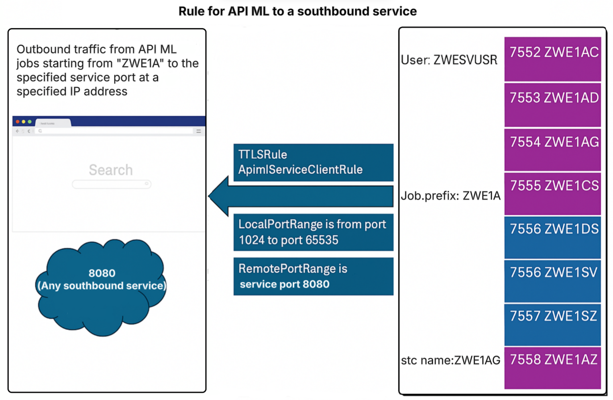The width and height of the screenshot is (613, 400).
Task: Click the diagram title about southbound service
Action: pos(297,11)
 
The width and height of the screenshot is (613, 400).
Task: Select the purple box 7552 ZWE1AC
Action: pos(552,59)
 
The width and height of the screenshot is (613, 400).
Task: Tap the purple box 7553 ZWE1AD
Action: pos(552,105)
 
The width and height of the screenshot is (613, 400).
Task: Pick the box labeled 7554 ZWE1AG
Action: pos(552,149)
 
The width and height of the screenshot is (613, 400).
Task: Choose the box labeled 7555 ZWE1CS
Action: pos(552,193)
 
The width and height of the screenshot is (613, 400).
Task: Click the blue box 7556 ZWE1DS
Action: pos(552,237)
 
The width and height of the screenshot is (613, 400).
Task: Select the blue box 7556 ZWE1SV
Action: pos(552,280)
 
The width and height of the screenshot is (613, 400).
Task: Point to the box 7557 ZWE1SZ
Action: pos(552,324)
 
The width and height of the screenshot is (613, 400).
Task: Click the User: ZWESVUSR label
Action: pos(449,60)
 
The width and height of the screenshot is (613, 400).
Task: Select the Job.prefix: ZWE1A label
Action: pos(450,196)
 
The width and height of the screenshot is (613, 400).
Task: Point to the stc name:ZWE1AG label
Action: pos(450,360)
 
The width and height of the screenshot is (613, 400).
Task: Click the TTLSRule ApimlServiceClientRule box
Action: pos(313,162)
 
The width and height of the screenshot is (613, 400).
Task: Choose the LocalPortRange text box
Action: pos(313,232)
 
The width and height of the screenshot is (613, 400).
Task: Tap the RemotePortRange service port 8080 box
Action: pos(313,277)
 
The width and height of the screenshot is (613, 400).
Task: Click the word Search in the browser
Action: pos(110,170)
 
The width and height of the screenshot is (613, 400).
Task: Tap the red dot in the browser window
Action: pos(18,121)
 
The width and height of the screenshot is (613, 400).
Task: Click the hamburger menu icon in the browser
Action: pos(198,131)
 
